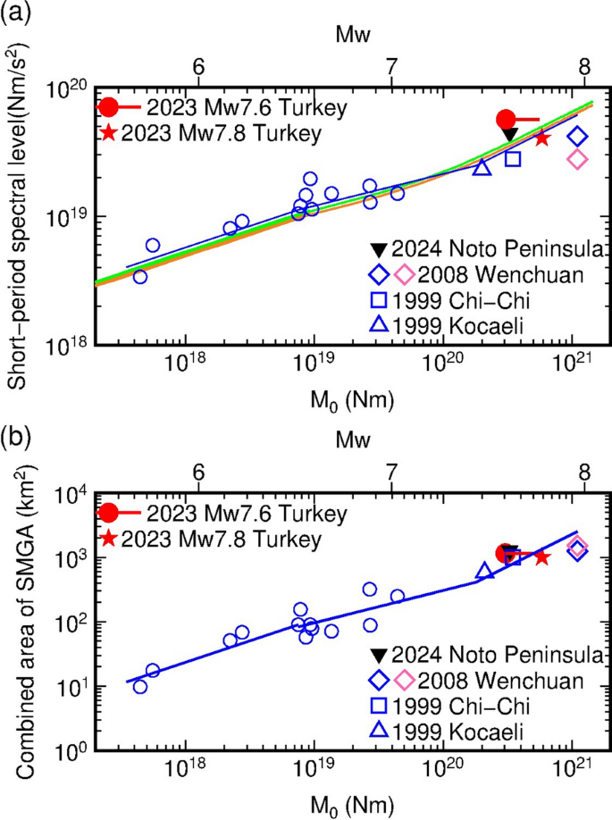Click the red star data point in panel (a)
point(542,137)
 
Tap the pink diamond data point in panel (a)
point(577,159)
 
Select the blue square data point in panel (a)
point(513,158)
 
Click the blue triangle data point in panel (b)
point(484,571)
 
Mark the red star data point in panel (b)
point(541,556)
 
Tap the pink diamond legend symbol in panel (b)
point(403,680)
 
